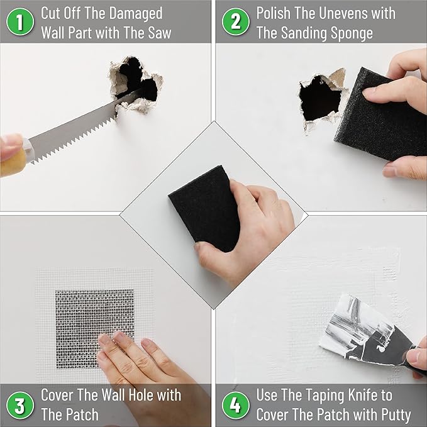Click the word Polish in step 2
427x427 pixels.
click(275, 13)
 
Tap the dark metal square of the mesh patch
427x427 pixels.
click(94, 314)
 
